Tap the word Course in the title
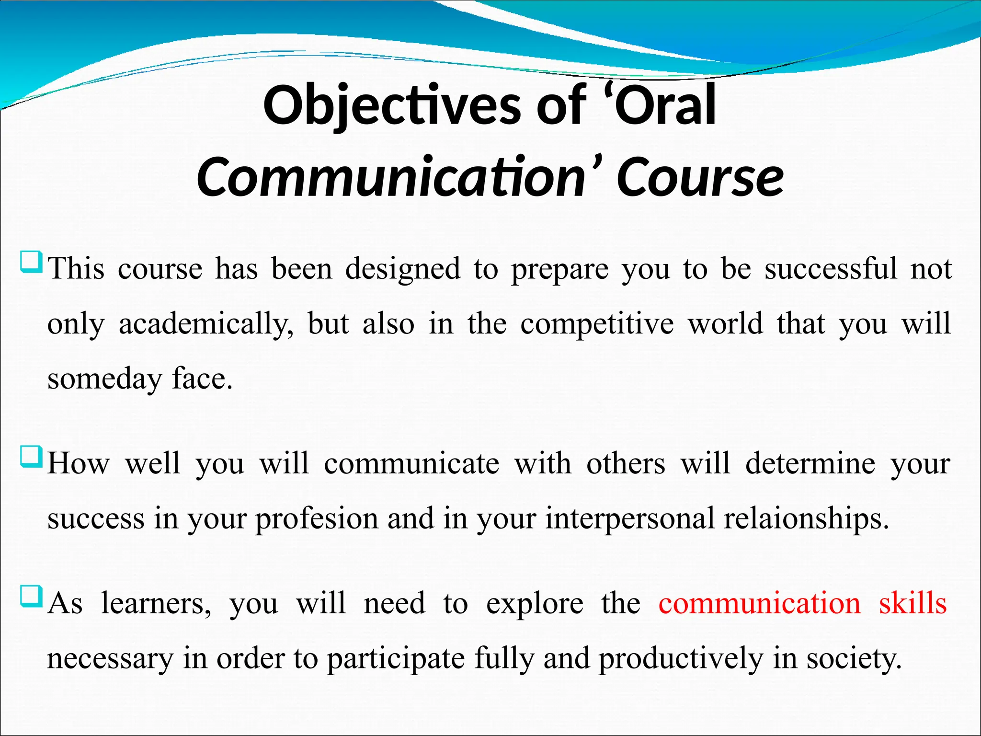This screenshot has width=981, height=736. [700, 177]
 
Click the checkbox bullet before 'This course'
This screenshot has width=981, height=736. [32, 262]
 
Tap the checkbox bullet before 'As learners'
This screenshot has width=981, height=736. [32, 597]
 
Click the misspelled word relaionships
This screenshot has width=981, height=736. [806, 518]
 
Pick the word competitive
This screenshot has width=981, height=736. [597, 324]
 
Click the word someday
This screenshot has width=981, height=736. [105, 379]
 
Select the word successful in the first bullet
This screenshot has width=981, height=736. [831, 268]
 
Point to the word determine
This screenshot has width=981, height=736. [810, 463]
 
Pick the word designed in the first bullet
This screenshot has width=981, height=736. [402, 268]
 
